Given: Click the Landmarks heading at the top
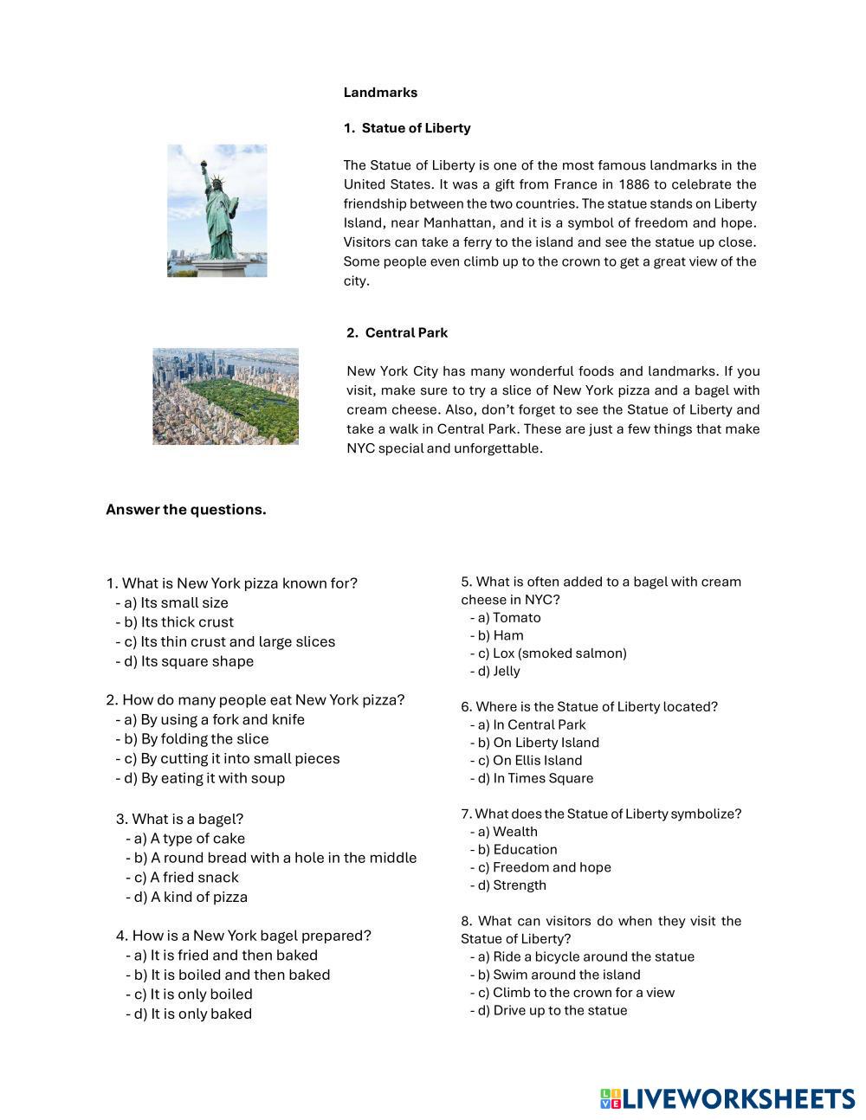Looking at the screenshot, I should (x=380, y=93).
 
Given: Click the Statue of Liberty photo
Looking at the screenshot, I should (x=216, y=210).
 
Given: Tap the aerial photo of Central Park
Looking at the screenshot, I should (x=225, y=396).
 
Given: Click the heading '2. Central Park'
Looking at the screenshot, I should (x=397, y=333).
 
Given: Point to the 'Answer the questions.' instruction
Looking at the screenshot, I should (x=185, y=510).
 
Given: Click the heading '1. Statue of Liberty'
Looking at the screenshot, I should (x=407, y=128).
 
